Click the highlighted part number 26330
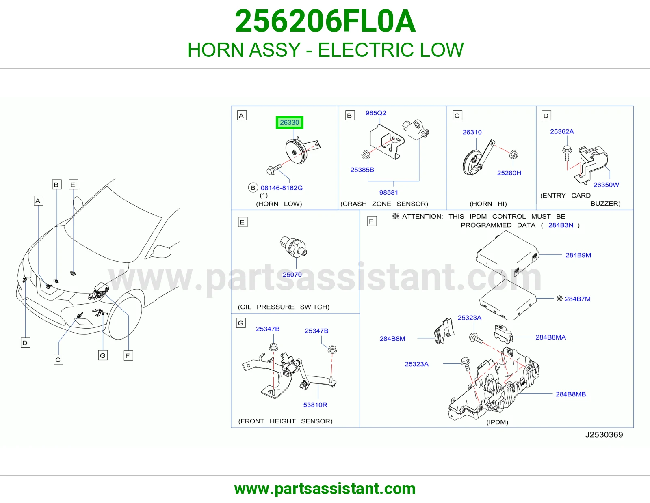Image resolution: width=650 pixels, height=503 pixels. [289, 123]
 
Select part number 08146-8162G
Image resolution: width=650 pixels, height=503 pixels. [282, 188]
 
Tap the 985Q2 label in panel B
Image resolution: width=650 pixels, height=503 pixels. [376, 113]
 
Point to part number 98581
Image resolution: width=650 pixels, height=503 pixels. [388, 193]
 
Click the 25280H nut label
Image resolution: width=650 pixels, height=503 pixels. [509, 173]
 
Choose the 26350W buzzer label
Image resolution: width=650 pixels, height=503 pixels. [606, 185]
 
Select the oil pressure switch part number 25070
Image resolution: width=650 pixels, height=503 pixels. [292, 275]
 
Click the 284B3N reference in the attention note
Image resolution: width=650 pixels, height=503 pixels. [561, 225]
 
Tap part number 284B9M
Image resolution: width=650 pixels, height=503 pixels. [578, 255]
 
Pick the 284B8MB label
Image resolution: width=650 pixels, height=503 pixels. [571, 394]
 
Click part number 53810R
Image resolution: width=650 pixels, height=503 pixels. [315, 405]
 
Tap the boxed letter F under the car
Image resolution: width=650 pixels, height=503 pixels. [128, 356]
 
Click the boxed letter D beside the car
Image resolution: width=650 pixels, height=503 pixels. [25, 343]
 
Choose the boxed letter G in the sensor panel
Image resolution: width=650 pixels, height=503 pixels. [241, 323]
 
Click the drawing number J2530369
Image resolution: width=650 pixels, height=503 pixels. [604, 434]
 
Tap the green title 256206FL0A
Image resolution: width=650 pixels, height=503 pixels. [325, 21]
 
